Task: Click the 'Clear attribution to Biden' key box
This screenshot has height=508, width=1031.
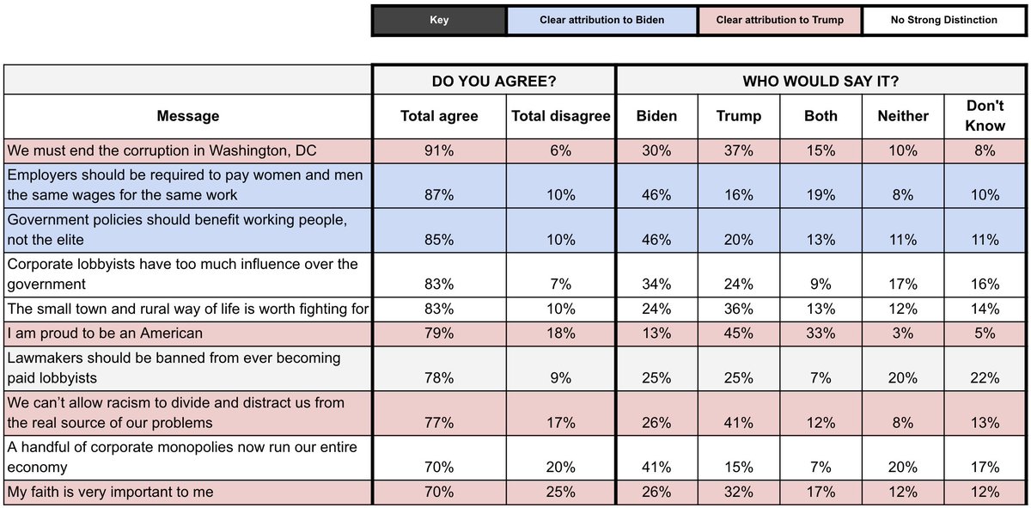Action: point(601,20)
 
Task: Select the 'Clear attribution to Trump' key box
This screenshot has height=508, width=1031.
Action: point(779,20)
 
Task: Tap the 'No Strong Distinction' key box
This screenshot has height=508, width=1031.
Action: point(943,20)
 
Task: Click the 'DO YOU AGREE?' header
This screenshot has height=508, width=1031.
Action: point(494,81)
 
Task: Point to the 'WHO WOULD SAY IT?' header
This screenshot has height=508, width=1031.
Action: point(821,81)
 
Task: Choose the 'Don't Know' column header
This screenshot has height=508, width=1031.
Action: point(985,116)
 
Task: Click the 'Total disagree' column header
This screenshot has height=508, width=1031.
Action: point(560,116)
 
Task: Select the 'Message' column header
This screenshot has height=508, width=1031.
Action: point(188,116)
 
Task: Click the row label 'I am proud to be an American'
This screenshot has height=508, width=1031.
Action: point(106,333)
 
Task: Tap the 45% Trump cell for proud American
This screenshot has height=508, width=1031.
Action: point(738,333)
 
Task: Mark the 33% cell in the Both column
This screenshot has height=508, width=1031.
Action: point(821,333)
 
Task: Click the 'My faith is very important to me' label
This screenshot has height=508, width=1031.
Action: point(111,493)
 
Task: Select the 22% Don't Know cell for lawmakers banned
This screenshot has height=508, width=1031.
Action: point(985,377)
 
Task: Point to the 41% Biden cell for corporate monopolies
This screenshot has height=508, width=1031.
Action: point(656,468)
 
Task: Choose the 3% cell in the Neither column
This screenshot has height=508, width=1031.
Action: point(903,333)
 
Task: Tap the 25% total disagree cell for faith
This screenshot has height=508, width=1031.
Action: point(560,493)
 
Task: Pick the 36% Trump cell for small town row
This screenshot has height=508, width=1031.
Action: point(738,309)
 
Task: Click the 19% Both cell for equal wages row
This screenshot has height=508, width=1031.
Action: point(821,195)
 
